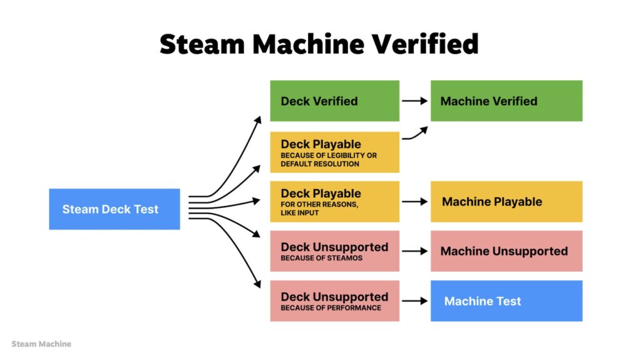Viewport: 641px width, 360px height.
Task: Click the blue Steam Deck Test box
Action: (x=115, y=209)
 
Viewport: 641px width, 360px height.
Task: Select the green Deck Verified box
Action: (x=334, y=101)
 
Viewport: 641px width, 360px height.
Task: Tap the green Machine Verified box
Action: (x=506, y=101)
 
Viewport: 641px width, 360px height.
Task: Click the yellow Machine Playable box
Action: (x=506, y=202)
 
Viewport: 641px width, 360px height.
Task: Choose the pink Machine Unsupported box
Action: (x=506, y=251)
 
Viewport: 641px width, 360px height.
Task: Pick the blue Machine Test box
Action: (x=506, y=301)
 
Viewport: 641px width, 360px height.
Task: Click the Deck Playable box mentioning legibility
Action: (x=334, y=152)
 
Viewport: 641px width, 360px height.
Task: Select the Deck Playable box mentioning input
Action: (x=334, y=202)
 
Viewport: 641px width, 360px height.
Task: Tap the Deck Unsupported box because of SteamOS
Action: (x=334, y=251)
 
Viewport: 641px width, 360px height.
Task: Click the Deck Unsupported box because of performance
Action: (x=334, y=301)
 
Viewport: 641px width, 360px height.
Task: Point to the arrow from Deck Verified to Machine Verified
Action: (x=414, y=101)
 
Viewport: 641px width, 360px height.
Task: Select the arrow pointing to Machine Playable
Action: (x=414, y=202)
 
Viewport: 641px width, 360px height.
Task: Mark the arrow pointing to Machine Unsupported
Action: (x=414, y=251)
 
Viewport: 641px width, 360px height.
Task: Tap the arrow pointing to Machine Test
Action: (x=414, y=301)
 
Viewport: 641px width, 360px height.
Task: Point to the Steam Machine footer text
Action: (x=41, y=344)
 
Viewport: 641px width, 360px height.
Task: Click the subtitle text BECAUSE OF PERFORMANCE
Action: (x=331, y=308)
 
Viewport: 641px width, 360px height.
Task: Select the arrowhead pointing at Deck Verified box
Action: (x=258, y=120)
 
